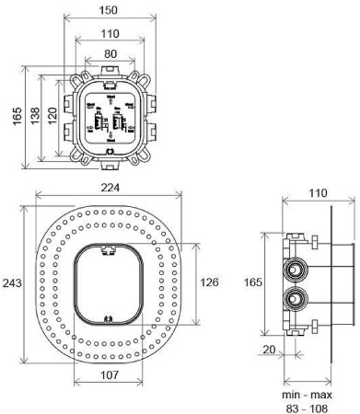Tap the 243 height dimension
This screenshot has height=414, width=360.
10,282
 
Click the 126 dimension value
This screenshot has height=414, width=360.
209,282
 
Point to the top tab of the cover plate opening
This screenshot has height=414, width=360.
109,248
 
